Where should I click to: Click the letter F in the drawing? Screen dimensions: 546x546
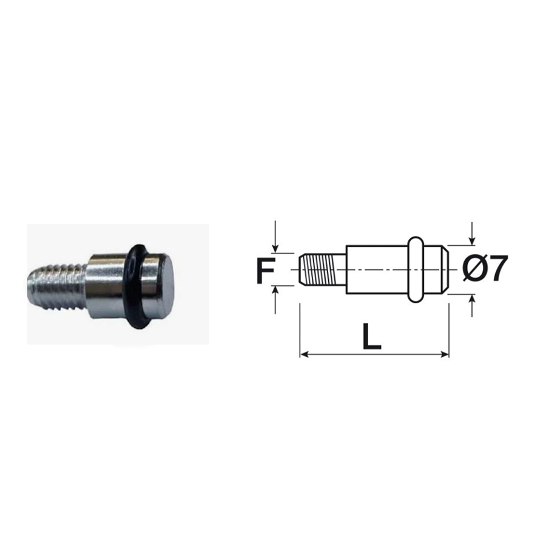point(265,271)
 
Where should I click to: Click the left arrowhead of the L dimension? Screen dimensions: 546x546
point(304,353)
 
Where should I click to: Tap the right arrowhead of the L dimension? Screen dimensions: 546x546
point(445,353)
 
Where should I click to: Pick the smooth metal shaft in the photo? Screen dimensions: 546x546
point(104,285)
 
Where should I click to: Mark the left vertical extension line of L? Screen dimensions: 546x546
point(300,328)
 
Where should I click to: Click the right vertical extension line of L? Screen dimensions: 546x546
point(448,328)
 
